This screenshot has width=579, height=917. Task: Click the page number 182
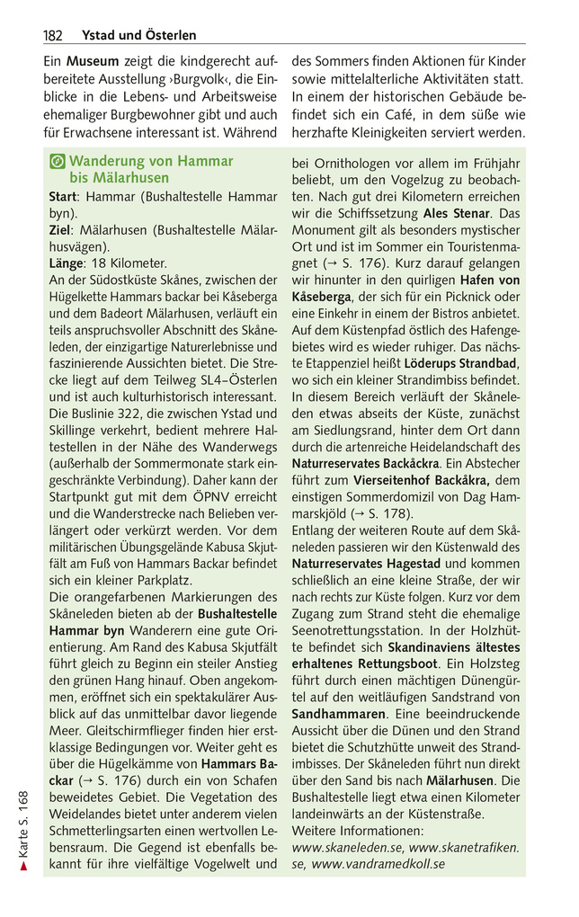coord(52,36)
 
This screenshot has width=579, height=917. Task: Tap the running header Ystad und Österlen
coord(138,36)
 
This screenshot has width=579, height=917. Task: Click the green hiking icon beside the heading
coord(57,162)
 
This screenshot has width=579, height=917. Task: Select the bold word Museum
coord(93,64)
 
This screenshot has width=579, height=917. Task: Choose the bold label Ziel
coord(58,229)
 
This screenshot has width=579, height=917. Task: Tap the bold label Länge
coord(64,263)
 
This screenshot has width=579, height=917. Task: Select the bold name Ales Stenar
coord(457,213)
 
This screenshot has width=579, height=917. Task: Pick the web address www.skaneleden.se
coord(347,848)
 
